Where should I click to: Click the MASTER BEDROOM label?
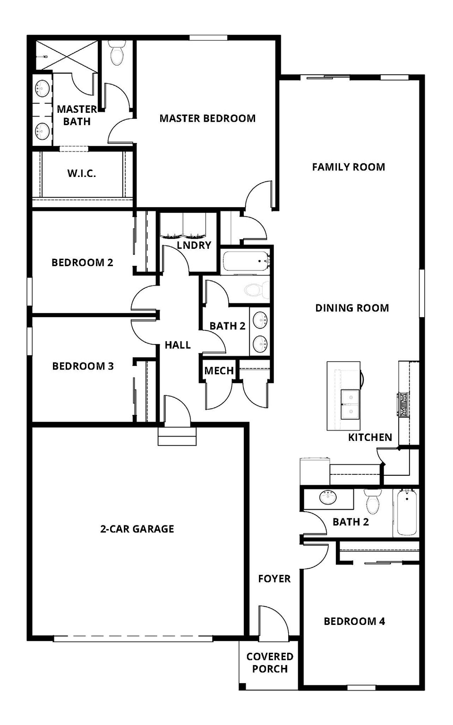[207, 118]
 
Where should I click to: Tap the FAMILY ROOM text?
[348, 167]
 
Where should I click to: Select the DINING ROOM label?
[352, 308]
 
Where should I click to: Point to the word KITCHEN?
[370, 438]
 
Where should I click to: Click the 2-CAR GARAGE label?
[137, 529]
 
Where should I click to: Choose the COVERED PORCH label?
[270, 663]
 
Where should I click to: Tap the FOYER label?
[274, 579]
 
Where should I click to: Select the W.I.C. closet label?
[81, 173]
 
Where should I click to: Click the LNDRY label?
[194, 245]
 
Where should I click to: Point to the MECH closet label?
[219, 371]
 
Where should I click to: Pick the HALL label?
[178, 345]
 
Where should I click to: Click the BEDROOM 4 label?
[354, 621]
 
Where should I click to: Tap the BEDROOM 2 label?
[82, 262]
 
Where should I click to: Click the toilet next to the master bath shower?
[117, 53]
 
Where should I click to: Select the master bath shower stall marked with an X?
[67, 56]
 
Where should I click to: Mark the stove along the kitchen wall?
[404, 405]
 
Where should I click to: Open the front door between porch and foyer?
[273, 623]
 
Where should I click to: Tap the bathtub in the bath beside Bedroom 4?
[406, 512]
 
